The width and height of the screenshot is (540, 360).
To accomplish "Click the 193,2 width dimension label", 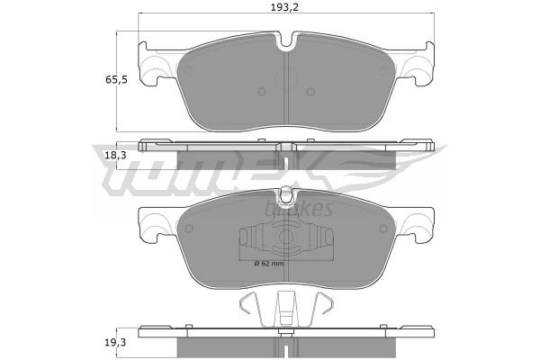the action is [x=284, y=7].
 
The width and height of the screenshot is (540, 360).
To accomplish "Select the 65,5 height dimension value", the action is [x=116, y=80].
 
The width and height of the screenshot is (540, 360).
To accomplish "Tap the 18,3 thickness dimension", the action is [x=115, y=156].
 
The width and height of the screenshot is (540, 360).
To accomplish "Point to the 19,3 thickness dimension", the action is [x=115, y=342].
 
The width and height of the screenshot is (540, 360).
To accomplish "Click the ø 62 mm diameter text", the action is [x=269, y=264].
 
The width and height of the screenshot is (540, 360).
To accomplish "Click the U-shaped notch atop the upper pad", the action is [x=286, y=40].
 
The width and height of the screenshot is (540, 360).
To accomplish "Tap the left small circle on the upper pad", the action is [x=262, y=92].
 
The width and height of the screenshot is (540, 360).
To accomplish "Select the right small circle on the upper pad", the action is [x=310, y=92].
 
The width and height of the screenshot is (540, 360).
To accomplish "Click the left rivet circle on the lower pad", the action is [x=189, y=228].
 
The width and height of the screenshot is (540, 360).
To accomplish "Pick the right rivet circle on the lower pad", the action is [x=383, y=228].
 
